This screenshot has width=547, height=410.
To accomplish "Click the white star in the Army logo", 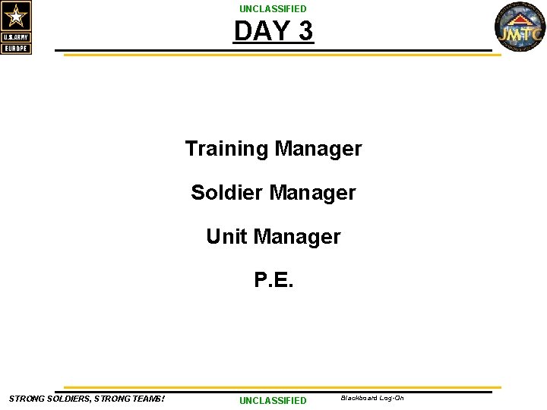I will click(16, 15).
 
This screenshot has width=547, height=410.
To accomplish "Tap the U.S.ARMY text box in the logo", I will click(16, 37).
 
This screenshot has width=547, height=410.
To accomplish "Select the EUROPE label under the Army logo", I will click(16, 49).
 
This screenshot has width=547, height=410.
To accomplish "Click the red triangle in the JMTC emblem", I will click(520, 20).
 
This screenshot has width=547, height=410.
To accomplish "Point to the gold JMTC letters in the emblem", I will click(520, 34).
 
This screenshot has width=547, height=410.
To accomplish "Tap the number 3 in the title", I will click(303, 31).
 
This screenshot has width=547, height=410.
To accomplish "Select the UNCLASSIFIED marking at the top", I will click(273, 8).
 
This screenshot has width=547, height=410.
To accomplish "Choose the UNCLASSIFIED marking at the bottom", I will click(273, 400).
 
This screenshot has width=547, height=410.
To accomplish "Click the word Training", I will click(227, 149).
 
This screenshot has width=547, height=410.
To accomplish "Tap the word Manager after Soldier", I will click(312, 193).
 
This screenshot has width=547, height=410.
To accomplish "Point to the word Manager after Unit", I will click(297, 237).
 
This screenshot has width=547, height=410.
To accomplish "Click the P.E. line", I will click(273, 281).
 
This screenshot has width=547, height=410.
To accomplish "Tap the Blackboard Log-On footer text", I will click(372, 398).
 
